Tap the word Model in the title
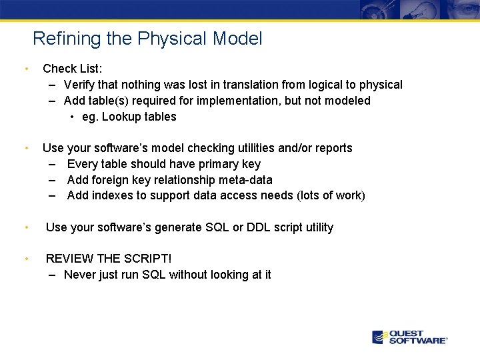point(237,39)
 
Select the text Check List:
point(72,68)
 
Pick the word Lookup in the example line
point(122,117)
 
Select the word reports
point(333,148)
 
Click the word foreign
point(112,180)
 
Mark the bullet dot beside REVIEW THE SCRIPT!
point(25,258)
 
